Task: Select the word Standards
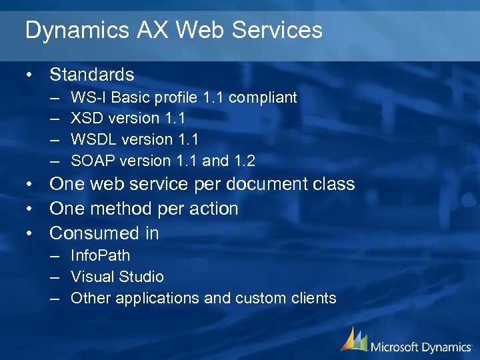click(x=92, y=74)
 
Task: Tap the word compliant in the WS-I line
click(x=263, y=97)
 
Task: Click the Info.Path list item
click(x=100, y=255)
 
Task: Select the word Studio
click(x=141, y=277)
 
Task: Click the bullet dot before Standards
click(x=29, y=74)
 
